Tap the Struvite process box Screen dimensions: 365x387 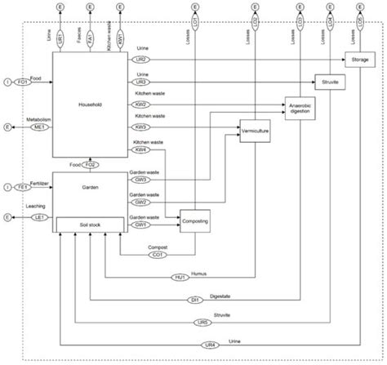(x=330, y=83)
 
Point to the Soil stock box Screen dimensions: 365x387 (x=90, y=222)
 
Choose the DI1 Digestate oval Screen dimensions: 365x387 (x=196, y=300)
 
